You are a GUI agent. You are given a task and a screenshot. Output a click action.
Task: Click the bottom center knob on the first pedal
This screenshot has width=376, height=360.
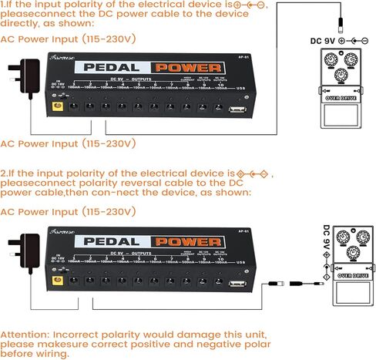pyautogui.click(x=341, y=75)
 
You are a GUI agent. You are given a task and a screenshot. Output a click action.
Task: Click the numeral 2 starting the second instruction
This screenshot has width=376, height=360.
pyautogui.click(x=3, y=174)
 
